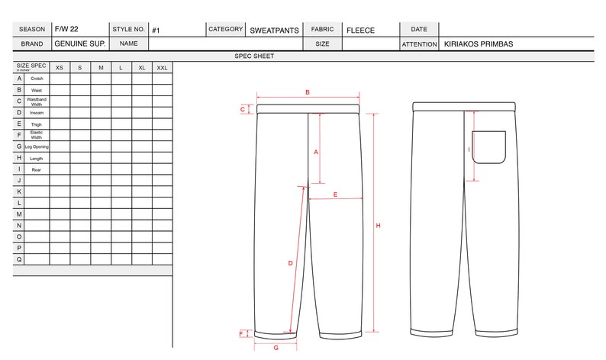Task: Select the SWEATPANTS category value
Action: coord(273,31)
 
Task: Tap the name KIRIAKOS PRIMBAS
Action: coord(478,44)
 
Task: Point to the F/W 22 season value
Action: coord(66,29)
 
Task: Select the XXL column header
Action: coord(162,68)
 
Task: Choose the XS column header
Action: coord(59,68)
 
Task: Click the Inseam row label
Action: coord(36,113)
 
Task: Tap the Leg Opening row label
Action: coord(37,146)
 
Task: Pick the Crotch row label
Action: coord(36,79)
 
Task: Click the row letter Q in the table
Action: coord(18,259)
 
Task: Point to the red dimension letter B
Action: coord(307,92)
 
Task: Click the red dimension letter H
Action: coord(378,225)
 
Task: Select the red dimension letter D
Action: coord(290,263)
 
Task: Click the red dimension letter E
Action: coord(335,194)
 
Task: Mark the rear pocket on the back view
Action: coord(488,147)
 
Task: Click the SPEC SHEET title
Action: coord(254,56)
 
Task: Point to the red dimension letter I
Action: coord(469,150)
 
